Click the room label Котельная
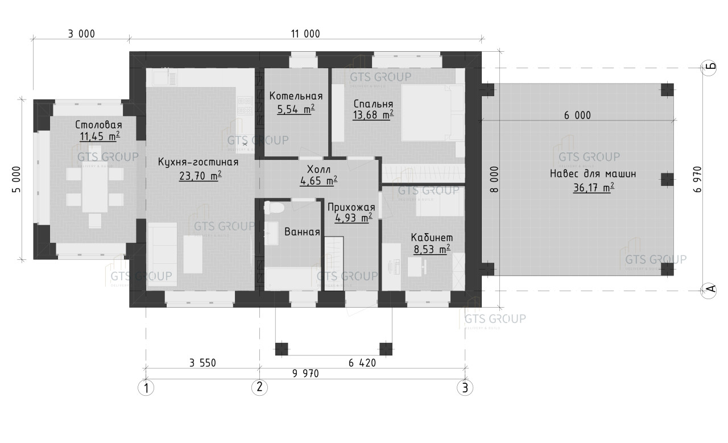pos(296,96)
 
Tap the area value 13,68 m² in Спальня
pos(373,115)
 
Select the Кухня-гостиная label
pos(198,162)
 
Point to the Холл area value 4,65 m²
pos(318,181)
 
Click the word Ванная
pos(302,232)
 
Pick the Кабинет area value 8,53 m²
pos(432,249)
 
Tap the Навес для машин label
pos(593,174)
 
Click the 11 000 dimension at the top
pos(305,34)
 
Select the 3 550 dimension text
pos(202,363)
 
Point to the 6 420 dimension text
pos(362,363)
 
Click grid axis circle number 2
pos(259,387)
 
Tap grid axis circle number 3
pos(465,388)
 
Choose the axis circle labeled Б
pos(709,68)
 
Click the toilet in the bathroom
pos(274,208)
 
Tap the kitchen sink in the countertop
pos(165,77)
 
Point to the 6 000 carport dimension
pos(577,115)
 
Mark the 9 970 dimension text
pos(305,374)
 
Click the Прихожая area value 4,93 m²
pos(354,218)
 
